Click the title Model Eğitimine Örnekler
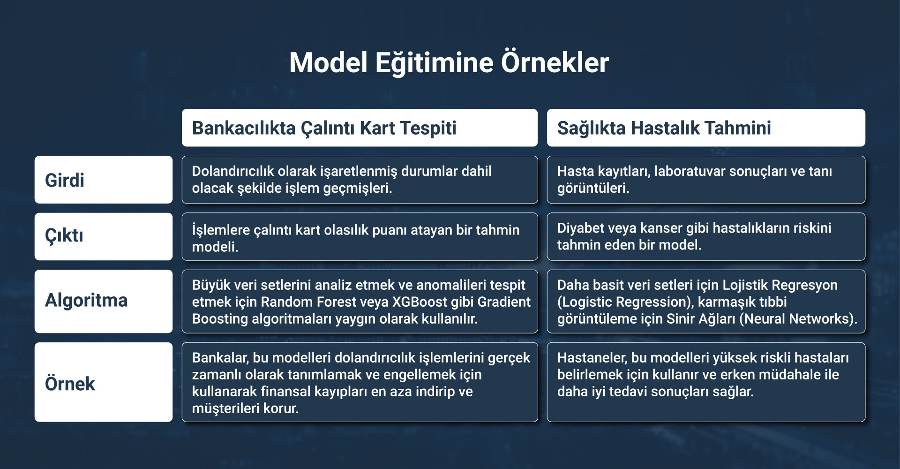point(449,63)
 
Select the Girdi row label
point(65,180)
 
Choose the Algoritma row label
point(86,300)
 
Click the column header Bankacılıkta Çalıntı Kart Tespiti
point(324,128)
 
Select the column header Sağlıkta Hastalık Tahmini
point(664,128)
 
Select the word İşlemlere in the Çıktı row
point(221,230)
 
